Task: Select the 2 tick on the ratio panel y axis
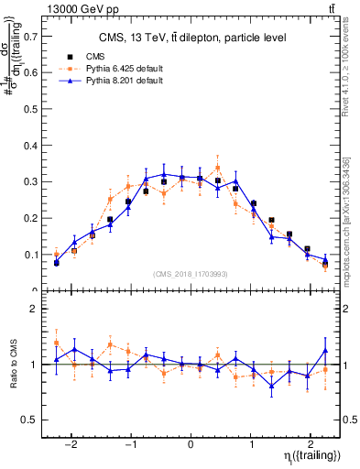(35, 309)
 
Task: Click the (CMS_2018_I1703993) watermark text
(191, 274)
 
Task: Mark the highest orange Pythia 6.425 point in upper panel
(217, 168)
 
